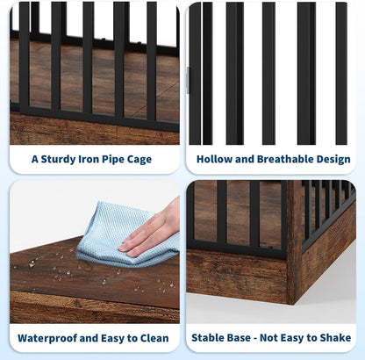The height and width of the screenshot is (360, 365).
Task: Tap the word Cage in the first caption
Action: pos(137,160)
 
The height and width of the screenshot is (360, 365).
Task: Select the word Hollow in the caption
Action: pos(215,160)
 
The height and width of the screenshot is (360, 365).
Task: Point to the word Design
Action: pos(333,160)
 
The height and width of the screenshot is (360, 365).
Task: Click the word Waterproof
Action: pos(48,338)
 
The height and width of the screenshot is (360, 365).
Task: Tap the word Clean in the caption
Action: pos(150,338)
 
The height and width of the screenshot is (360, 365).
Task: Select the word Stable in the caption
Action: pos(211,338)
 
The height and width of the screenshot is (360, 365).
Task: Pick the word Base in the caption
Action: pos(247,338)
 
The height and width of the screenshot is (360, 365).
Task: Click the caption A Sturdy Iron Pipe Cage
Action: pos(91,160)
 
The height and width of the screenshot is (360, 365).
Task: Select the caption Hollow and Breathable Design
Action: pos(273,160)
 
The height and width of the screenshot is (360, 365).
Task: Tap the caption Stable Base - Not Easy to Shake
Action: pos(273,338)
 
